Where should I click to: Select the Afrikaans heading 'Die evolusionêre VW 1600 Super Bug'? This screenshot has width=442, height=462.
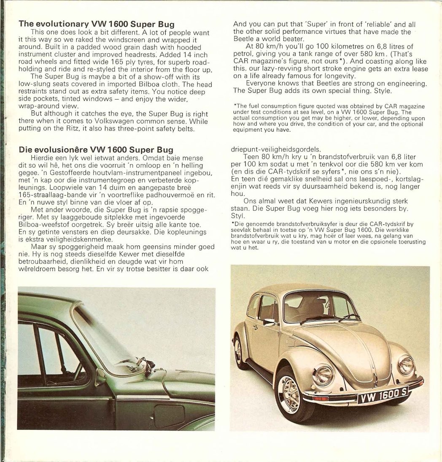(x=96, y=149)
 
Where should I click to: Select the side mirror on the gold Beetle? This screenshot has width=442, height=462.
(x=269, y=322)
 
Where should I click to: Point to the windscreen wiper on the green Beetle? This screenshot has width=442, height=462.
(x=146, y=366)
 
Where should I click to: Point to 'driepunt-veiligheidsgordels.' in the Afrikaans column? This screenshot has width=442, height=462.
(x=277, y=149)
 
